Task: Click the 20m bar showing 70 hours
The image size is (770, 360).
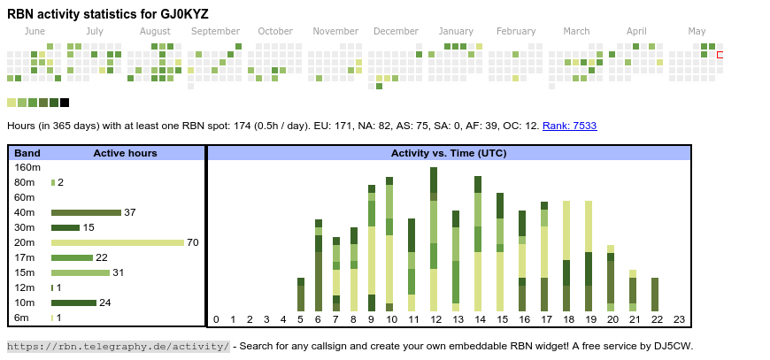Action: coord(118,242)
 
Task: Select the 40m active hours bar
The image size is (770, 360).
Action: coord(86,212)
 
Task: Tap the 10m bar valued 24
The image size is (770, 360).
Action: coord(73,303)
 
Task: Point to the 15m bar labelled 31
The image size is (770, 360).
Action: coord(81,272)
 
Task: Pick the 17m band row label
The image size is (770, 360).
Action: coord(25,257)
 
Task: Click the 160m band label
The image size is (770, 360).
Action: coord(27,167)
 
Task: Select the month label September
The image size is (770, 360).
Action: coord(215,31)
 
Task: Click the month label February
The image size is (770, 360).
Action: coord(516,31)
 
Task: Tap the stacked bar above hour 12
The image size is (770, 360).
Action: coord(434,239)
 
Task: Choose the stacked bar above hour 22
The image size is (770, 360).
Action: coord(655,294)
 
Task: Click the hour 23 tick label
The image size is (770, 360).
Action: coord(679,319)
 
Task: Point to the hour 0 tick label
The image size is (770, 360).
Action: coord(216,319)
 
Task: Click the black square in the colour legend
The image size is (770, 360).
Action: coord(65,103)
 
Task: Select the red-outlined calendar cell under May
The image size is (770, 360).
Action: coord(720,55)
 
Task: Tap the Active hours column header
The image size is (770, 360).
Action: coord(125,153)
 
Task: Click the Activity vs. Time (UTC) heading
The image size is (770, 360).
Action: coord(449,153)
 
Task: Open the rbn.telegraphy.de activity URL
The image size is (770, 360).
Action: coord(119,346)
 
